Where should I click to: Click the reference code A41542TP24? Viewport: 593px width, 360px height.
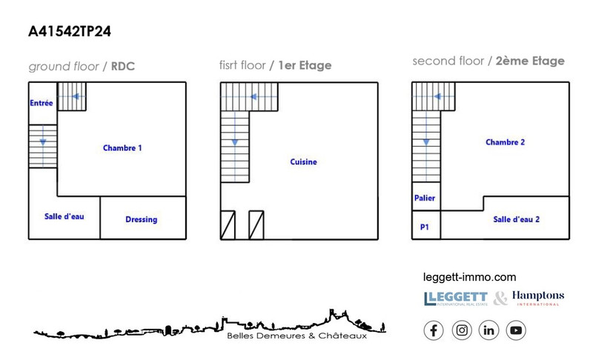click(70, 31)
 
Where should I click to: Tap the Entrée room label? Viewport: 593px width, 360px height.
click(42, 103)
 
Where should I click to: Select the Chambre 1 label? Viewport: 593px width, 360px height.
click(122, 147)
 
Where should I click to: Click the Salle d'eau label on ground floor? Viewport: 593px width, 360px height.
click(64, 216)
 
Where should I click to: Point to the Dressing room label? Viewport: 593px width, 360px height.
click(142, 219)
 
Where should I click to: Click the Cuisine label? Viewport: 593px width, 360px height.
click(303, 161)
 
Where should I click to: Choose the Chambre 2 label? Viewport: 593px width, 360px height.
click(506, 142)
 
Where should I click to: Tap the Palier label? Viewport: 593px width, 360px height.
click(425, 198)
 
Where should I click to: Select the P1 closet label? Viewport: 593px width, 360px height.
click(424, 227)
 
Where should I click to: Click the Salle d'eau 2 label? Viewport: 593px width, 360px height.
click(516, 219)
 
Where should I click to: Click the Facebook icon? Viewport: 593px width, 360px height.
click(434, 330)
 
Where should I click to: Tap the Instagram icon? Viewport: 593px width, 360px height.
click(462, 330)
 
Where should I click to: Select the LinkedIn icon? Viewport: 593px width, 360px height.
click(488, 330)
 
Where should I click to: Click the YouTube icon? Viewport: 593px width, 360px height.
click(516, 330)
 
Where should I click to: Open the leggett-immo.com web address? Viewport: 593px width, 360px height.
click(469, 277)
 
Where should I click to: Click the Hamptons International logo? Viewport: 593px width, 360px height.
click(538, 298)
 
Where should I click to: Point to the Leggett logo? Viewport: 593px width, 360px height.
click(456, 299)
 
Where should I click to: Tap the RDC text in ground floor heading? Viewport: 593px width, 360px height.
click(123, 67)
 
